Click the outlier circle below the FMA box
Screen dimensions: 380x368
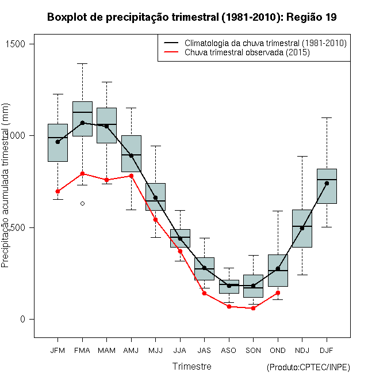click(x=82, y=203)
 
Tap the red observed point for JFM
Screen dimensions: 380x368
click(x=57, y=191)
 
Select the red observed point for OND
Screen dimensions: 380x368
click(x=278, y=292)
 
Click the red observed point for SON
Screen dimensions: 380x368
click(x=253, y=308)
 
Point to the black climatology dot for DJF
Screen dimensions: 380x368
click(x=327, y=183)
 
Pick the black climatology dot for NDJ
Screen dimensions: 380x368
click(x=302, y=228)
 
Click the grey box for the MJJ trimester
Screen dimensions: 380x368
click(x=155, y=197)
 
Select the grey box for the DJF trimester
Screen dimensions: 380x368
click(x=327, y=186)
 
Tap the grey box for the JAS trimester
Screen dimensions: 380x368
click(x=204, y=269)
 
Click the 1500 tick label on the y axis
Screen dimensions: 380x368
click(x=23, y=44)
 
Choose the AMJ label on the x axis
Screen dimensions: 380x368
click(x=131, y=350)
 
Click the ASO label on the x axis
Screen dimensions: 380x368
click(x=229, y=350)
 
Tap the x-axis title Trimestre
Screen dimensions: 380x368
click(x=191, y=366)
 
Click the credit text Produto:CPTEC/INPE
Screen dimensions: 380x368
click(x=308, y=367)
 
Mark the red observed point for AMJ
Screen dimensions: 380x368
click(x=131, y=176)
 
